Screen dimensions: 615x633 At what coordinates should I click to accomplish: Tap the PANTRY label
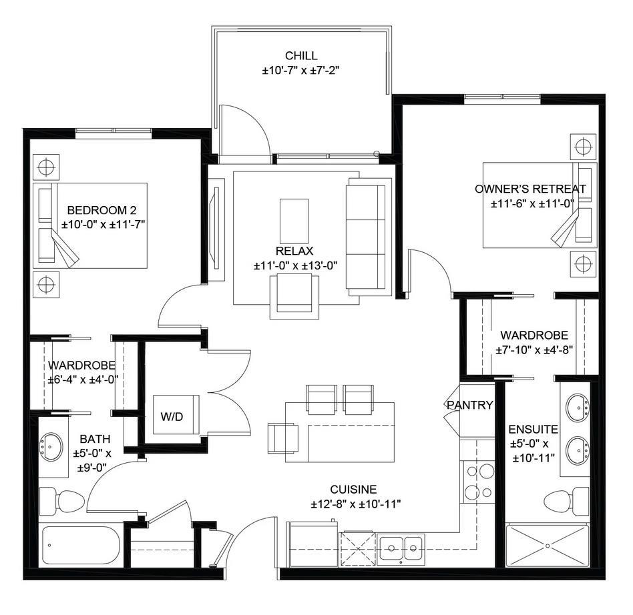[470, 405]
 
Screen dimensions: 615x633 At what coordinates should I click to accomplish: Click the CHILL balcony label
[301, 56]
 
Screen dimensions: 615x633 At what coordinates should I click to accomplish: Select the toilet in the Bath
[61, 500]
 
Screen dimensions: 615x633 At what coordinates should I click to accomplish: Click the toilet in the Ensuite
[566, 500]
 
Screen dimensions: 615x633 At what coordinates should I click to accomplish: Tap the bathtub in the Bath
[80, 546]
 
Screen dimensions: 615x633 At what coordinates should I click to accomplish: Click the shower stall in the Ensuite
[548, 545]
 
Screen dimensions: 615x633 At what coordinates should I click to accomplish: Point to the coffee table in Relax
[294, 221]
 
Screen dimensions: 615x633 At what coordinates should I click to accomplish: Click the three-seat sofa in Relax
[366, 237]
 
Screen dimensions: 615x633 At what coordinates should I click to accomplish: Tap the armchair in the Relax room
[294, 296]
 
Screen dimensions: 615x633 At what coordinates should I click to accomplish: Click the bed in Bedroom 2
[90, 225]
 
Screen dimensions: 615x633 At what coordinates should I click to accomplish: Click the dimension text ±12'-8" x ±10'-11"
[355, 504]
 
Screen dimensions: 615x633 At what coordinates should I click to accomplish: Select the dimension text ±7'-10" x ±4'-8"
[534, 349]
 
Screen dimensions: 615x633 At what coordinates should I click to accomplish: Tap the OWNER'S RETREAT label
[530, 189]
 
